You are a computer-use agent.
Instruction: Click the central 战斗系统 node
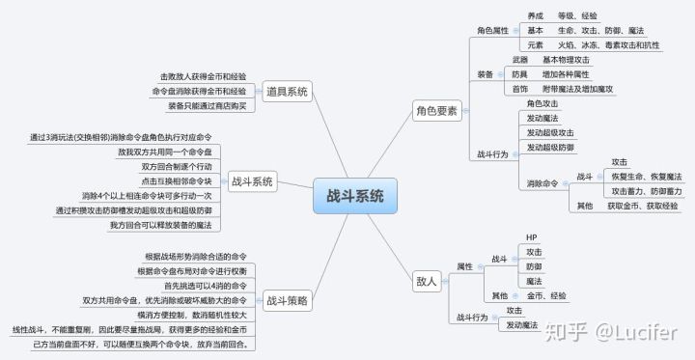(348, 197)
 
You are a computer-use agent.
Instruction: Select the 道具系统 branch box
(286, 92)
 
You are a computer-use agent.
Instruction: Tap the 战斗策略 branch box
(287, 301)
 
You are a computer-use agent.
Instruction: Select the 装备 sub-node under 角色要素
(486, 74)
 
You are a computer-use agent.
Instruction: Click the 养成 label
(536, 16)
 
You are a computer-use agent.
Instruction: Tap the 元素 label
(536, 44)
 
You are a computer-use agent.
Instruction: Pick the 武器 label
(520, 60)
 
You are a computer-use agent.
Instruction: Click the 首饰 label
(520, 89)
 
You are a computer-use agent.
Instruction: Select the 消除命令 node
(542, 182)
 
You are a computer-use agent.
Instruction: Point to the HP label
(531, 237)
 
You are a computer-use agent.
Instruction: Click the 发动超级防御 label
(551, 147)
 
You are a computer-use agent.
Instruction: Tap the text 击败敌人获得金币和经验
(203, 76)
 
